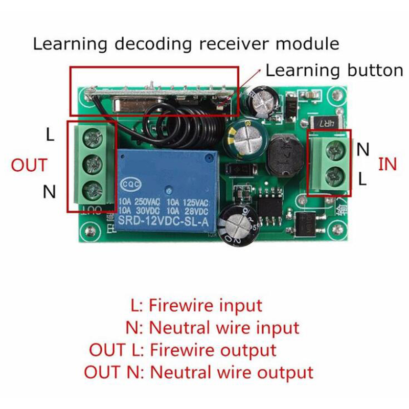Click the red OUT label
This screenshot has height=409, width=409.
point(29,166)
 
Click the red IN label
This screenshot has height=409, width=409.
point(387,164)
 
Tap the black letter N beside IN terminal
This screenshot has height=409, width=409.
point(363,149)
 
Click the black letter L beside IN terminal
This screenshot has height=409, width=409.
point(362,178)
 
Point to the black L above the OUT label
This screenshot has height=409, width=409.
point(50,135)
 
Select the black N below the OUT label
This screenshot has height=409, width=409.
point(49,192)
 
